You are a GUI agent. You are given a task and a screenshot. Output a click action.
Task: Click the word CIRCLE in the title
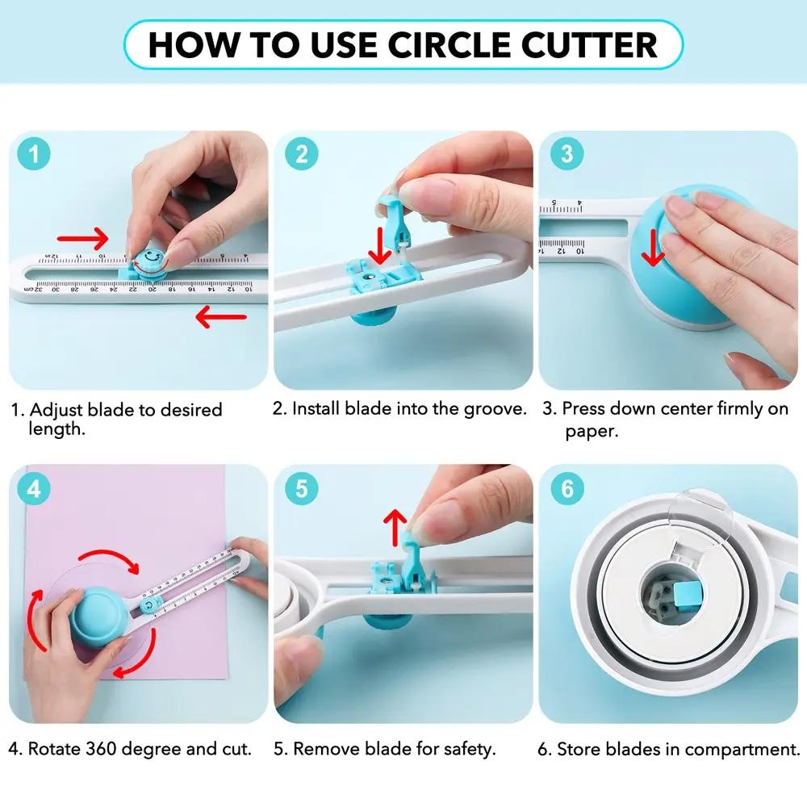[449, 44]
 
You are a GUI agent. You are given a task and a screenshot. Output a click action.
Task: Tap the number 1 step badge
[34, 153]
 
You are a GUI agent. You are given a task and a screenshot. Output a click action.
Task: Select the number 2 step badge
[302, 153]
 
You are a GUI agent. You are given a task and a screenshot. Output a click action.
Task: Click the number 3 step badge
[567, 153]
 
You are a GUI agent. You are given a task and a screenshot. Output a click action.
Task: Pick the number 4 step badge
[34, 488]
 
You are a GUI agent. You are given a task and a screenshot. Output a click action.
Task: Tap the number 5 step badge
[302, 488]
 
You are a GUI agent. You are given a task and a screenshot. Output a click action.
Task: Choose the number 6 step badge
[567, 488]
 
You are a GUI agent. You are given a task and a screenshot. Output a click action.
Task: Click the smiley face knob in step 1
[151, 261]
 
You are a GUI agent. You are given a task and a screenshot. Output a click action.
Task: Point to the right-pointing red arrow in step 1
[83, 238]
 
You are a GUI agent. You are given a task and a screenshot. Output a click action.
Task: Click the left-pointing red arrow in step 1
[221, 316]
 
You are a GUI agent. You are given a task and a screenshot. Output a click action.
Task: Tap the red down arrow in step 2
[380, 246]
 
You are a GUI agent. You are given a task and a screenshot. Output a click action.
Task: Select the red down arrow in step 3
[654, 248]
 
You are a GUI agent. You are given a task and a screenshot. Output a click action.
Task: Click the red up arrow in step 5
[395, 527]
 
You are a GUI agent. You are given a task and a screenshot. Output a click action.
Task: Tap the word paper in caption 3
[592, 431]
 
